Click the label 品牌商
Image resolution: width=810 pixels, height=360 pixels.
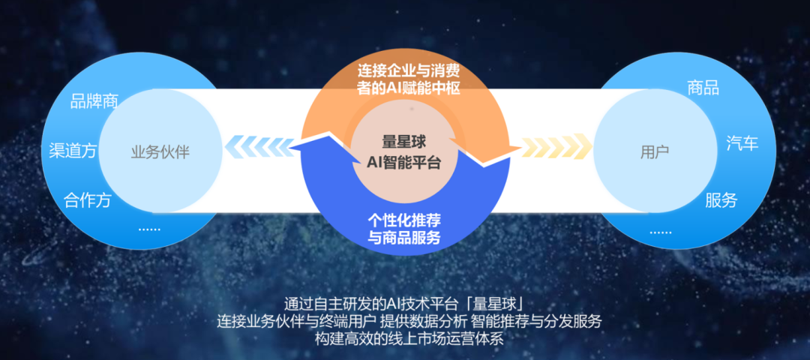(x=94, y=101)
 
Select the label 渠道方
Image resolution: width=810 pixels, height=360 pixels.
(x=73, y=151)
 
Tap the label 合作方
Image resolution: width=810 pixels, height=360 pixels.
(x=88, y=200)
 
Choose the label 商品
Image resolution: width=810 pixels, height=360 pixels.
(x=703, y=88)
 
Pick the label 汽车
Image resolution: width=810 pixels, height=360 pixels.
(x=742, y=143)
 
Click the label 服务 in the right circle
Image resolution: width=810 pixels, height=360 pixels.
(x=721, y=200)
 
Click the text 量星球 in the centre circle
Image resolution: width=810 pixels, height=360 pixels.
(x=404, y=140)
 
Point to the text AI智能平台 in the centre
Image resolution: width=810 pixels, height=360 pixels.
(x=404, y=161)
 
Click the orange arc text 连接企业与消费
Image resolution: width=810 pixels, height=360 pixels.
(x=408, y=72)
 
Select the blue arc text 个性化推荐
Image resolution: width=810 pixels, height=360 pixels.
(x=404, y=221)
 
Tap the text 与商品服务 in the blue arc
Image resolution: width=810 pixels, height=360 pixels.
(x=404, y=238)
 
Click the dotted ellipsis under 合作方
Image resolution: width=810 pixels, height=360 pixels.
(x=149, y=227)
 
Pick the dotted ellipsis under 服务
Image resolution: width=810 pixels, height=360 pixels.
(x=661, y=230)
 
